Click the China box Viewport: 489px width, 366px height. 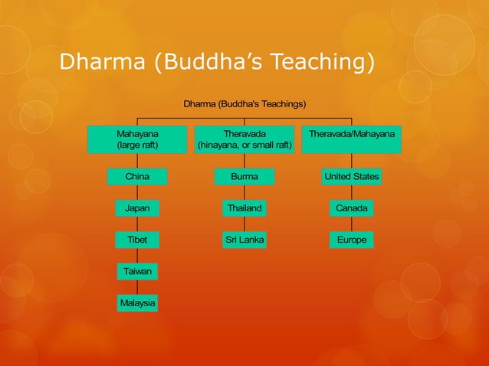tap(137, 177)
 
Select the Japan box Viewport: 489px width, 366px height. tap(137, 208)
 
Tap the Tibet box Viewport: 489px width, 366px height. tap(137, 240)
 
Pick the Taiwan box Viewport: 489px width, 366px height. tap(137, 271)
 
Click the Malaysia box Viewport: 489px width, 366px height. tap(137, 303)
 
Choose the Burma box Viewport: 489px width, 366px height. tap(244, 177)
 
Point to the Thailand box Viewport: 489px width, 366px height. tap(244, 208)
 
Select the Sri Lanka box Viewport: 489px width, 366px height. tap(244, 240)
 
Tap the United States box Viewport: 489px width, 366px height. tap(352, 177)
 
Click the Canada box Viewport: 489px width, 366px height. tap(352, 208)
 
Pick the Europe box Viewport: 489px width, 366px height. tap(352, 240)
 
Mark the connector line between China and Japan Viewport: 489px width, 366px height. tap(137, 192)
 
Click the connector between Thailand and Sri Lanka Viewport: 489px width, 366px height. tap(244, 224)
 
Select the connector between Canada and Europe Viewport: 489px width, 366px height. tap(352, 224)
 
